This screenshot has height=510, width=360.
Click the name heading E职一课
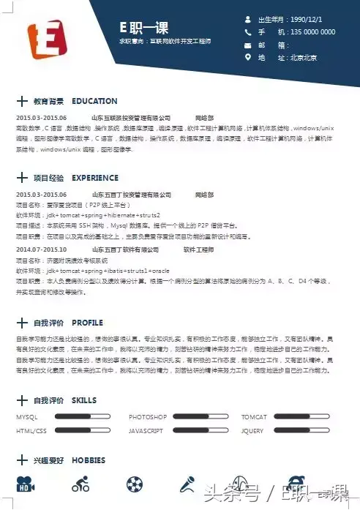144,28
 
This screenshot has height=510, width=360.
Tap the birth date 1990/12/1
305,19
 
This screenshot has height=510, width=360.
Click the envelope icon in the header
247,45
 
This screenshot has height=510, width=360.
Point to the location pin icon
247,57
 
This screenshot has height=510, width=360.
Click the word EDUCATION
94,101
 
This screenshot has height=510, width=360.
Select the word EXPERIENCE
95,178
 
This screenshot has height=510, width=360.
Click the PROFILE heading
87,323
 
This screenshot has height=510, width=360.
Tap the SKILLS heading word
84,401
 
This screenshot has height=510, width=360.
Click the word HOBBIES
89,460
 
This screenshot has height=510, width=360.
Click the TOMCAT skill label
254,417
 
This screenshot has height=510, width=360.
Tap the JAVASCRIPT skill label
146,431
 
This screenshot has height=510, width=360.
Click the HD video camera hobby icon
26,484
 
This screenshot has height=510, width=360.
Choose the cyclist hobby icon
80,484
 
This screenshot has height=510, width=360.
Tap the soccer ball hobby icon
135,484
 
